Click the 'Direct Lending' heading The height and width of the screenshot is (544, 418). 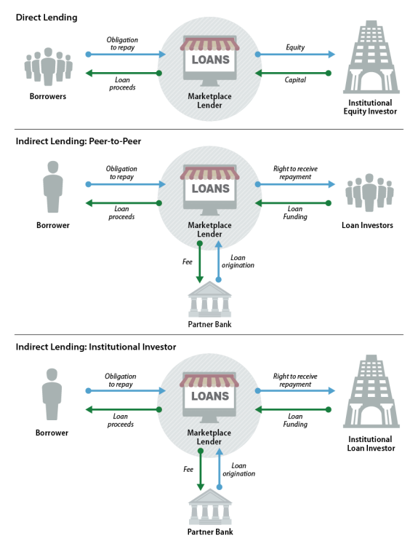click(x=47, y=17)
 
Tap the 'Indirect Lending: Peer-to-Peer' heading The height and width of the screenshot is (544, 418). click(x=79, y=141)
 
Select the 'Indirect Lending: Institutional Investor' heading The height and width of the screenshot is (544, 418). click(x=96, y=347)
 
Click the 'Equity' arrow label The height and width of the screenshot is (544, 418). click(x=295, y=47)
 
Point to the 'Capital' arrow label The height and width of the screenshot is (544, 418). click(x=295, y=80)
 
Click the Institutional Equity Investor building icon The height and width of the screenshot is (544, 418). click(x=371, y=57)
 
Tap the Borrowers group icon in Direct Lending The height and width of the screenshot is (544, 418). click(x=48, y=66)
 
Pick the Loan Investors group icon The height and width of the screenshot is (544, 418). click(x=369, y=192)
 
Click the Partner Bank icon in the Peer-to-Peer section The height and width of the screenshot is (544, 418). click(x=209, y=299)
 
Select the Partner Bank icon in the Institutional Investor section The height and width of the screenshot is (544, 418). click(x=210, y=507)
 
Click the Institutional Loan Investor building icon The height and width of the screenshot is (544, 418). click(x=371, y=391)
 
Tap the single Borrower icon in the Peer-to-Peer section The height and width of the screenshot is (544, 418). click(x=53, y=186)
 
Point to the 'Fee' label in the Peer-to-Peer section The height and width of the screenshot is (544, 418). click(x=188, y=261)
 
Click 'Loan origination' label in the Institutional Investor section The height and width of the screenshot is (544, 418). click(x=238, y=470)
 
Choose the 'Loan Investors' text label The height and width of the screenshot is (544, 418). click(x=367, y=225)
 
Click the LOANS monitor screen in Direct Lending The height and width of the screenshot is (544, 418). click(x=210, y=60)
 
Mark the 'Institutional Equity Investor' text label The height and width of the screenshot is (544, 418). click(x=370, y=107)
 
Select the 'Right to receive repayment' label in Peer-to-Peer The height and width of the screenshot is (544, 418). click(x=295, y=173)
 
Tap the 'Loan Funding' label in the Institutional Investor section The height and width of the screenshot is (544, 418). click(x=295, y=420)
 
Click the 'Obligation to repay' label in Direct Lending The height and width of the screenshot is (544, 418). click(x=122, y=44)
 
